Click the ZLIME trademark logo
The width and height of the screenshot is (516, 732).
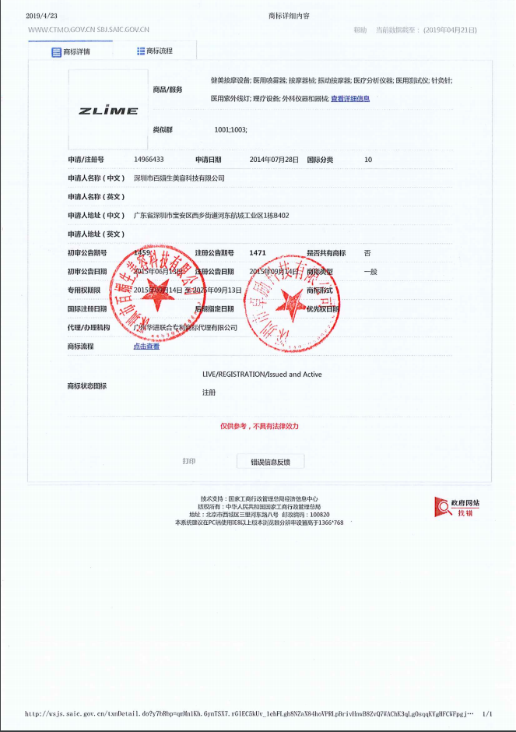point(108,111)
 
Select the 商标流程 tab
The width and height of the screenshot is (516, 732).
point(154,51)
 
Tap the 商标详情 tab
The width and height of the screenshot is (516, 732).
point(71,52)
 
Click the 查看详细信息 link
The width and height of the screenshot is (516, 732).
point(350,99)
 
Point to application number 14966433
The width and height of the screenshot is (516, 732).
point(149,160)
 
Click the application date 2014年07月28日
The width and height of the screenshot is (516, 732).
point(274,160)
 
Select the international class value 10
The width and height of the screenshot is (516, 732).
point(368,160)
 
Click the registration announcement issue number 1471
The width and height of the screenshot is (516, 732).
point(258,253)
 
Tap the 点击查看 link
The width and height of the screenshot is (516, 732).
point(146,347)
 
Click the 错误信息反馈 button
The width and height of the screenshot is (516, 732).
point(270,462)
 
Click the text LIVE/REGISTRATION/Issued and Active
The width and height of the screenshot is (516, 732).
point(262,375)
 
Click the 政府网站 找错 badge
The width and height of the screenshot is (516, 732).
point(458,508)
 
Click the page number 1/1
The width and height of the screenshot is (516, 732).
point(487,713)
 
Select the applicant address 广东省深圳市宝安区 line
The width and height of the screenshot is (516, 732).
point(212,216)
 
